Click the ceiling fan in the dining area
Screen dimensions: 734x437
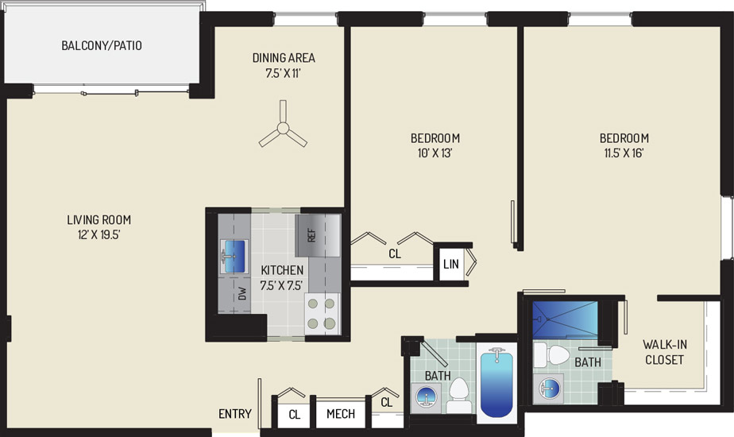pos(283,128)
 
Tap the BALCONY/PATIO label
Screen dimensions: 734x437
pos(102,45)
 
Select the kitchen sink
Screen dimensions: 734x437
pos(234,256)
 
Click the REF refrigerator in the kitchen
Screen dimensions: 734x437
pos(318,235)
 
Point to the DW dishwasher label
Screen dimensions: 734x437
pos(242,294)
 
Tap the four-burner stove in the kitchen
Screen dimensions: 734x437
pos(322,314)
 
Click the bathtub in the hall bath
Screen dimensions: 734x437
pos(496,383)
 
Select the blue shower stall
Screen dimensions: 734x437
pos(565,319)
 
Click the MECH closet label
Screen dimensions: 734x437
pos(341,414)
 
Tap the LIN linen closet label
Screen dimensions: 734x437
pos(450,264)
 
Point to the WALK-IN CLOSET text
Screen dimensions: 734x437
pos(665,352)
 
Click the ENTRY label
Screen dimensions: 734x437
pos(235,414)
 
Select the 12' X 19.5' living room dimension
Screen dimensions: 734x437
pos(99,234)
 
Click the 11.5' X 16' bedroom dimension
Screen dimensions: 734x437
pos(624,153)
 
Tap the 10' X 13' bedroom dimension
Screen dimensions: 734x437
pos(435,153)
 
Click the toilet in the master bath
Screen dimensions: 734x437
pos(551,355)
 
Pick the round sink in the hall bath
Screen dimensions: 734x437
pos(426,396)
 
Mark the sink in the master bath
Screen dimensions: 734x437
pos(549,388)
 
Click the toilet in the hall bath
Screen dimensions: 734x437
pos(459,394)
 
